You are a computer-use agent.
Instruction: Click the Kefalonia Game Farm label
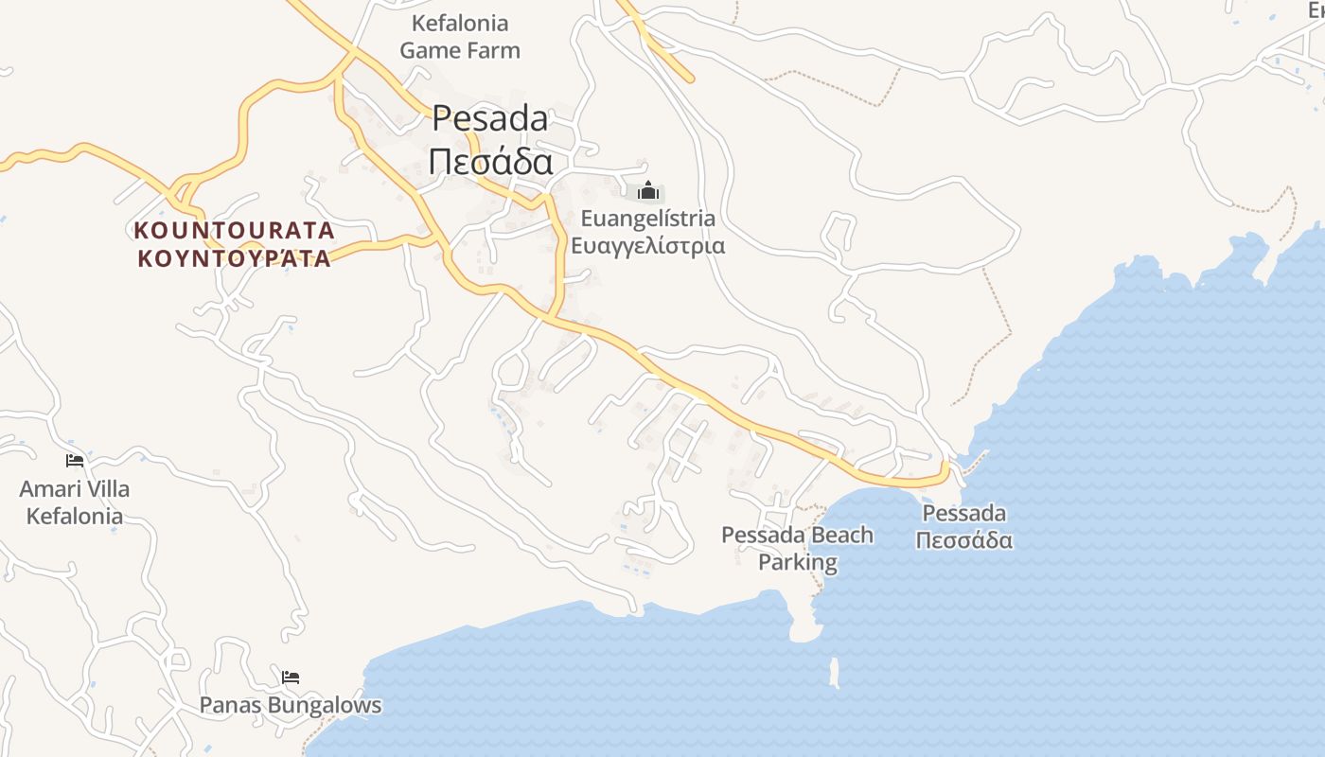tap(460, 36)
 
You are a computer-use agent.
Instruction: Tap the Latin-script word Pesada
tap(490, 118)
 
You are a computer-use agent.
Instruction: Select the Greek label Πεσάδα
tap(490, 162)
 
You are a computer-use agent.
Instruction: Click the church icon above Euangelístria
tap(648, 191)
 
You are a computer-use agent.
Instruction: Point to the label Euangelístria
tap(648, 219)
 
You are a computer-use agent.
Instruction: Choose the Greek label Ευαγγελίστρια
tap(648, 246)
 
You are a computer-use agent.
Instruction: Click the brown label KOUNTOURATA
tap(235, 230)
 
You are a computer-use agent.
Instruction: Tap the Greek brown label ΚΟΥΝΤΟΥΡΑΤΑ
tap(235, 258)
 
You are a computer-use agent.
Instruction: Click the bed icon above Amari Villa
tap(75, 461)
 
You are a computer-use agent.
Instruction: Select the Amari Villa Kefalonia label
tap(75, 502)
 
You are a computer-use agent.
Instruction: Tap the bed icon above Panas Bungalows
tap(291, 678)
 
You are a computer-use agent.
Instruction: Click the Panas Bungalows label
tap(291, 705)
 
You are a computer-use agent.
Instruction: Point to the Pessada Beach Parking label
tap(798, 549)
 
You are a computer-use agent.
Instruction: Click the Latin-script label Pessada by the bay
tap(964, 513)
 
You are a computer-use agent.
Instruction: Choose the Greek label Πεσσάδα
tap(964, 540)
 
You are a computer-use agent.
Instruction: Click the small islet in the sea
tap(834, 673)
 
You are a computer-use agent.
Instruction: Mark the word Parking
tap(798, 562)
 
